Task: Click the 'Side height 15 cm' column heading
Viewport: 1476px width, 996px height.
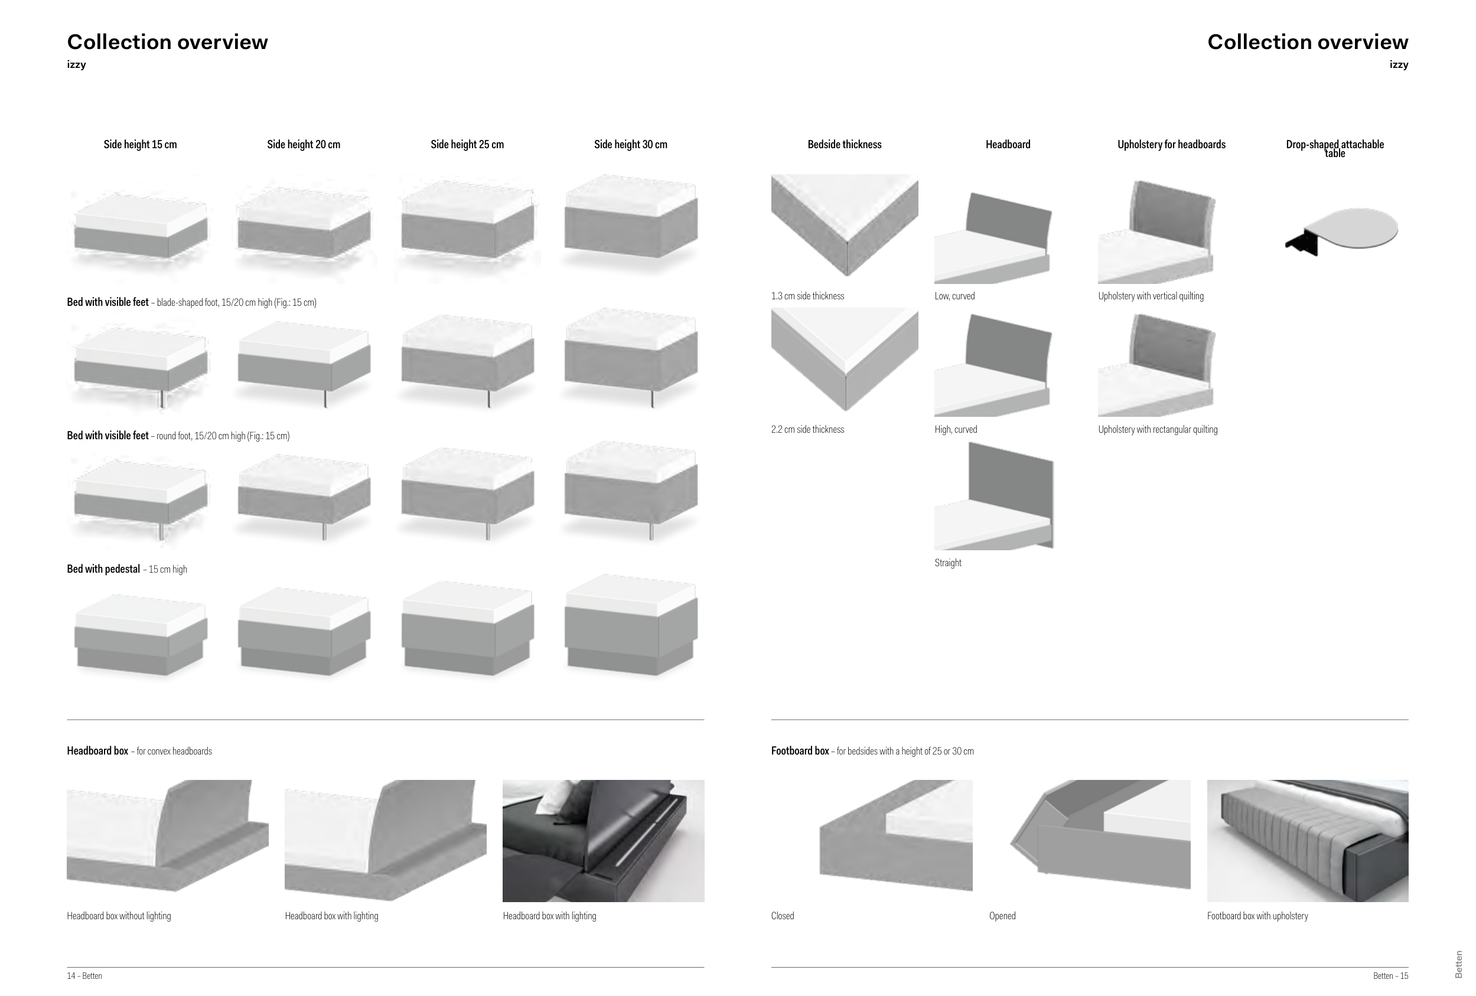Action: pos(140,145)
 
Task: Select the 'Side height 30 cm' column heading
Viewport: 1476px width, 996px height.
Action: pos(630,145)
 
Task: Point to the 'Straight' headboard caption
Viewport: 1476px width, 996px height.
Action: pos(947,563)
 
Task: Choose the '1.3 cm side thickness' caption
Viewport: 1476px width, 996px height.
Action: pos(807,296)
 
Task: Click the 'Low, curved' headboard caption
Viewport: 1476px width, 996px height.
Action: pos(954,296)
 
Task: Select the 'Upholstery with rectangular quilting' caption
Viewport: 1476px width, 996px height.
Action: pos(1157,430)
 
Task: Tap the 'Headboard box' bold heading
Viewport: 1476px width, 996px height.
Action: pos(98,751)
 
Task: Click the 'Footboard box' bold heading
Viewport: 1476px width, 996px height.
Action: pos(800,751)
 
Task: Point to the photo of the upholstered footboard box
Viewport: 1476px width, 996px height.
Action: pos(1307,841)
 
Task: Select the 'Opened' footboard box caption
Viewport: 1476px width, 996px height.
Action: pos(1002,916)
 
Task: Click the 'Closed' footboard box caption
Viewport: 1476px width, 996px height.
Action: pos(782,916)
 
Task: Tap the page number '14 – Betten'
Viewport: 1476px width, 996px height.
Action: pos(84,977)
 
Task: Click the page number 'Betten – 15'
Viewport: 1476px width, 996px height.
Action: pos(1390,977)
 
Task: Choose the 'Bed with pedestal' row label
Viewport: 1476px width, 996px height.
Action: pos(103,569)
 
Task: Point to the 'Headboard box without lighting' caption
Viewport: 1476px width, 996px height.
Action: pos(119,916)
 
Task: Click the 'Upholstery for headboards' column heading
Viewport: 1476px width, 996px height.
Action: pos(1171,145)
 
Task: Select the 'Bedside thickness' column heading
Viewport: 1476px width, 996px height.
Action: pos(844,145)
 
